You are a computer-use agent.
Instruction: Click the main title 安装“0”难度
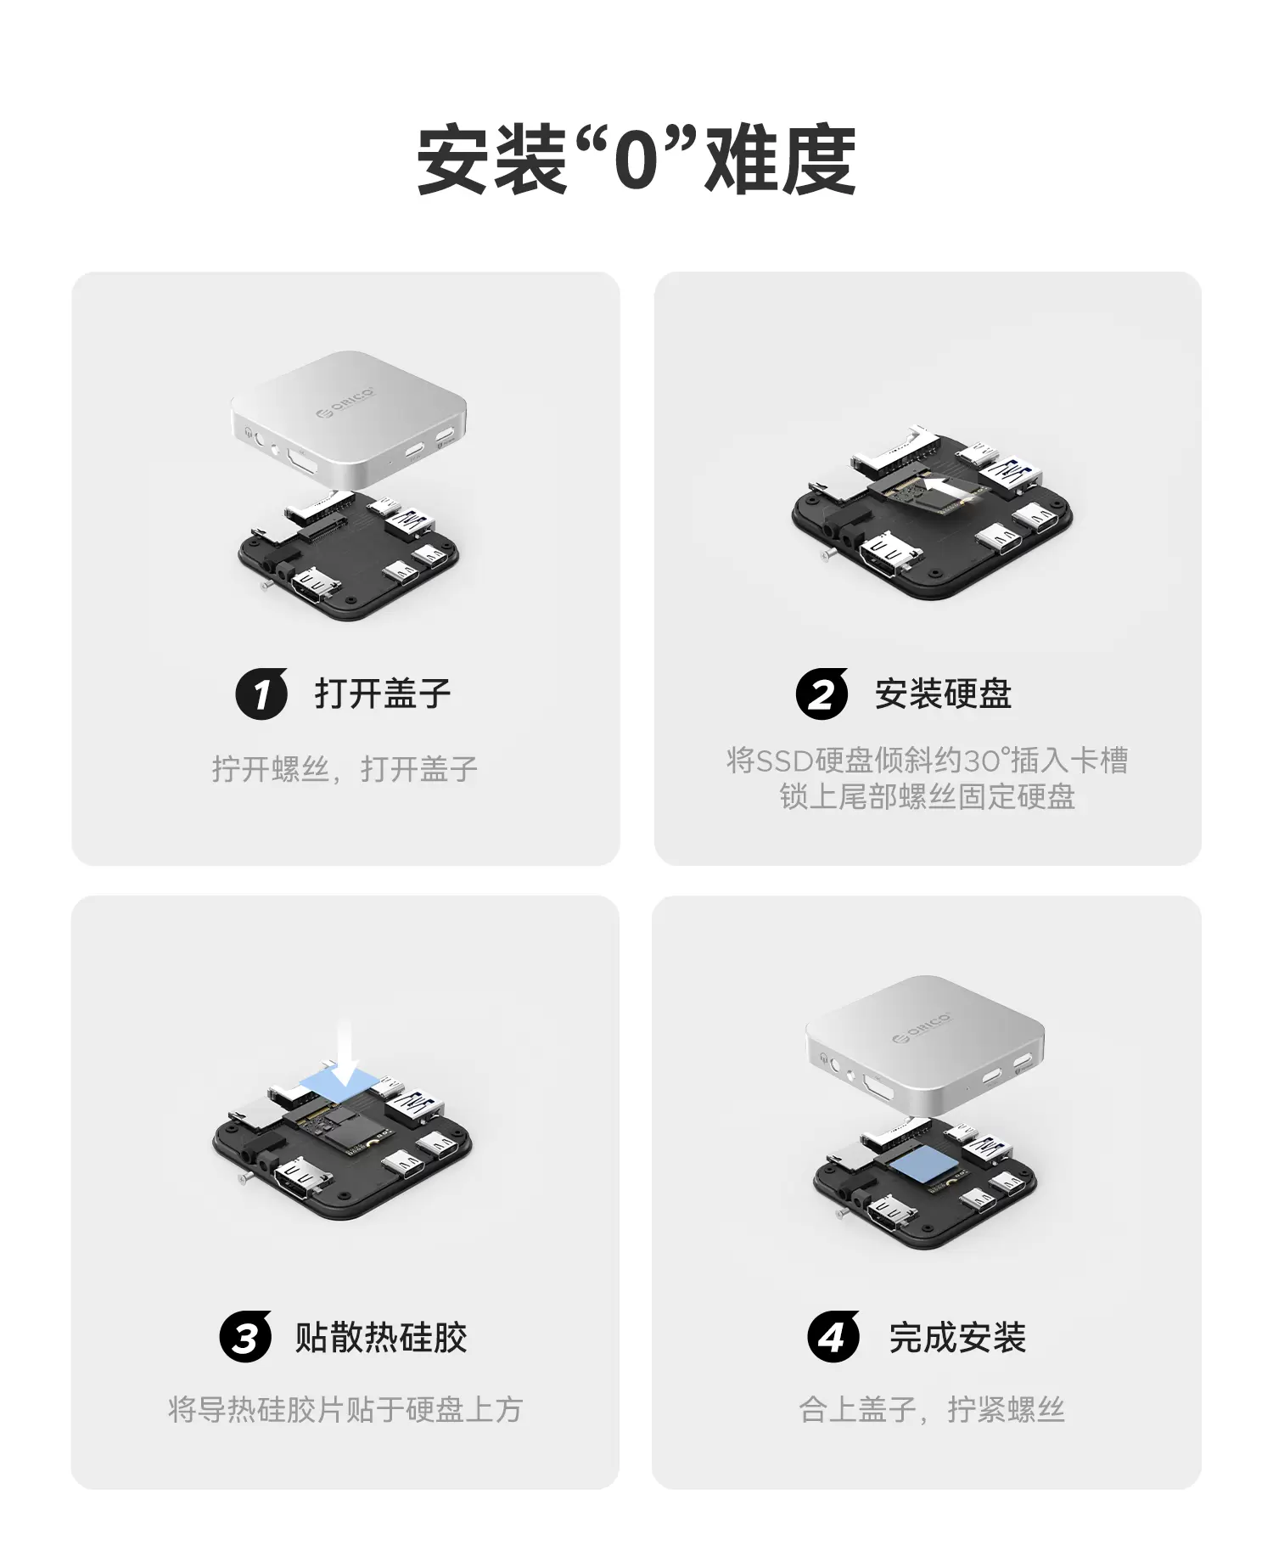636,160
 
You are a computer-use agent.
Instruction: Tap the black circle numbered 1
261,694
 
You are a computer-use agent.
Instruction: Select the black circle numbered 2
822,694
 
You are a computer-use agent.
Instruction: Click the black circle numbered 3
245,1337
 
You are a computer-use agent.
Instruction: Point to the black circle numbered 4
833,1337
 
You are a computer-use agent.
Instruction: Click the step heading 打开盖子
383,694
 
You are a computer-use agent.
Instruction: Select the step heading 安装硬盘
943,694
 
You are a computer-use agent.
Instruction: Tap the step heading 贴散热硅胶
381,1337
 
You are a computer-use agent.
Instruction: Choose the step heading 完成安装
957,1337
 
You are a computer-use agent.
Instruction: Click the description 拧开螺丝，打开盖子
345,769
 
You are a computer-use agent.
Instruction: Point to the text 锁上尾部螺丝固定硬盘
928,797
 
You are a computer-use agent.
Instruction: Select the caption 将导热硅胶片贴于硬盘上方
345,1409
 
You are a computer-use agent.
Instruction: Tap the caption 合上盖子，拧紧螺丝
932,1409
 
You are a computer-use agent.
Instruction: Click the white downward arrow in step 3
347,1053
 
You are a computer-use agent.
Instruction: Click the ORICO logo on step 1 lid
345,402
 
